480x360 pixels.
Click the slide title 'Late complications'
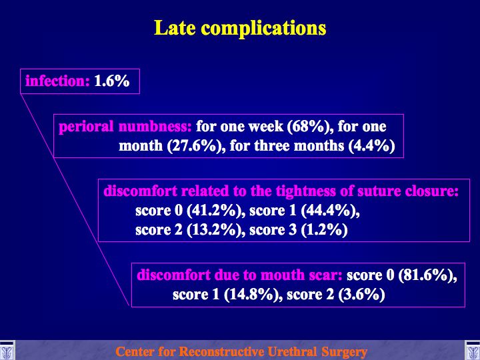pyautogui.click(x=240, y=28)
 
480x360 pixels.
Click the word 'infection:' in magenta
pyautogui.click(x=57, y=81)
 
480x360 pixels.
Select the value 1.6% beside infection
pyautogui.click(x=112, y=81)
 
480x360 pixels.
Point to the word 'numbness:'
pyautogui.click(x=155, y=127)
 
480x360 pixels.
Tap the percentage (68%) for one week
pyautogui.click(x=311, y=127)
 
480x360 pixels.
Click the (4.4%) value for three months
pyautogui.click(x=371, y=146)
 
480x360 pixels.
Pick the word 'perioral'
pyautogui.click(x=86, y=127)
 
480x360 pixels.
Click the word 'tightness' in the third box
pyautogui.click(x=306, y=191)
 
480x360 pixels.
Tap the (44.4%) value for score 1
pyautogui.click(x=330, y=211)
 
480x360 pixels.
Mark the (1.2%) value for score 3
pyautogui.click(x=324, y=230)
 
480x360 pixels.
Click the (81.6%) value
pyautogui.click(x=427, y=275)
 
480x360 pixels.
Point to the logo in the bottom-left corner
pyautogui.click(x=7, y=351)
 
